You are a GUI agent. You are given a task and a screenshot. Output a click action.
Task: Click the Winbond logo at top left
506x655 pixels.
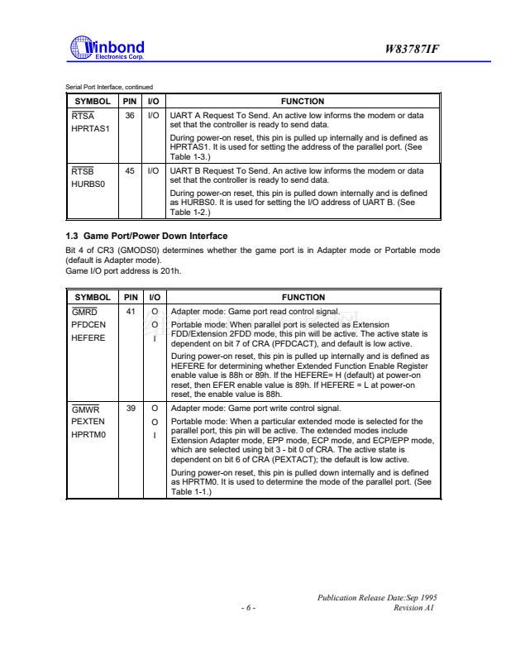[x=108, y=49]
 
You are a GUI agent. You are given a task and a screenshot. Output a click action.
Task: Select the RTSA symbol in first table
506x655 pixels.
[x=83, y=117]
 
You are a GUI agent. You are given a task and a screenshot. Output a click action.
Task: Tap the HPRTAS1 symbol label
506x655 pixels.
[x=90, y=129]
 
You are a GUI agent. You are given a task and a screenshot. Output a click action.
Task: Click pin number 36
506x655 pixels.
[x=130, y=117]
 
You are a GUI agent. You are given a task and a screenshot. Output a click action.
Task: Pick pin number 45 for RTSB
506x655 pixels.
[x=130, y=170]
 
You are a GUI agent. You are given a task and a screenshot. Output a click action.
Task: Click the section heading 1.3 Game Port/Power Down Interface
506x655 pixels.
[x=146, y=236]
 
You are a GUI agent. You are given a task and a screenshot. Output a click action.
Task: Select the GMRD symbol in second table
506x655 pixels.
[x=85, y=312]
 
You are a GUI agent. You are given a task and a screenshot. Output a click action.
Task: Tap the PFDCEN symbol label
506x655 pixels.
[x=88, y=325]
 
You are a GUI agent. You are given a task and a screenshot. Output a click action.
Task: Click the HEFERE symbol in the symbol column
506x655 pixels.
[x=88, y=337]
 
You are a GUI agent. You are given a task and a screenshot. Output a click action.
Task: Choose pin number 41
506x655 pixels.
[x=130, y=312]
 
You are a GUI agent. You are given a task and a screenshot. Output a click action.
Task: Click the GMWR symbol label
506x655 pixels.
[x=85, y=409]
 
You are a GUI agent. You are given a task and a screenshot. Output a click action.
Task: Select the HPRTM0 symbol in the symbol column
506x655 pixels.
[x=89, y=434]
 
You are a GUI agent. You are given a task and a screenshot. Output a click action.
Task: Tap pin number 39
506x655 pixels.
[x=130, y=409]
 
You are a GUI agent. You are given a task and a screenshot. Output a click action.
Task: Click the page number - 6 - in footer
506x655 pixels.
[x=248, y=607]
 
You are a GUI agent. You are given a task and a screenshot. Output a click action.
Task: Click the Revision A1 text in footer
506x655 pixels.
[x=414, y=607]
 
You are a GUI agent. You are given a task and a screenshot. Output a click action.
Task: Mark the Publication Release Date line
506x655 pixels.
[x=376, y=596]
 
